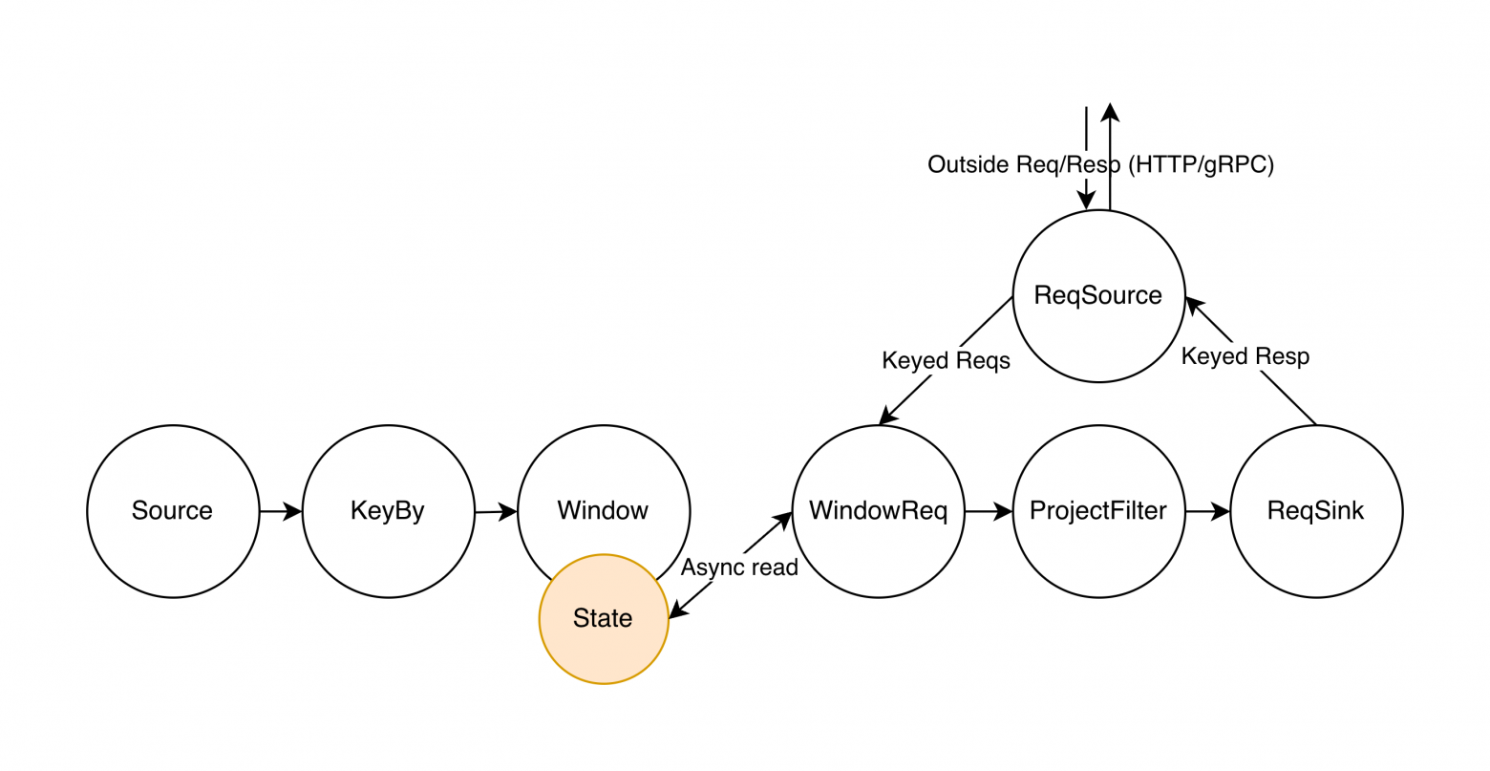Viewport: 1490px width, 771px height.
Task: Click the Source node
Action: coord(173,511)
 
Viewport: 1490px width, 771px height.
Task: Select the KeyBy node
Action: coord(388,511)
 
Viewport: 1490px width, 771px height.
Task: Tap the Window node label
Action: coord(603,511)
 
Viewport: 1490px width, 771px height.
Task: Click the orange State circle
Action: coord(604,619)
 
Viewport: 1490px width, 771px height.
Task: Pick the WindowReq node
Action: coord(878,511)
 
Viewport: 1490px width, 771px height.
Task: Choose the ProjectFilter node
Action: coord(1097,511)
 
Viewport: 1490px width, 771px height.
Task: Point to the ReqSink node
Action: coord(1315,511)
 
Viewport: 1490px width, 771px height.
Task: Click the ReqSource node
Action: coord(1097,295)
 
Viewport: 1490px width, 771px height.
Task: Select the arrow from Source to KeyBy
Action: coord(281,512)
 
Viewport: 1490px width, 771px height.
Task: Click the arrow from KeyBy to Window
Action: coord(496,512)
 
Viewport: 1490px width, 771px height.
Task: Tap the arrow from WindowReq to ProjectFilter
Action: coord(988,512)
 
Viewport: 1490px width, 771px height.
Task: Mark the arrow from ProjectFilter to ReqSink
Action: coord(1207,512)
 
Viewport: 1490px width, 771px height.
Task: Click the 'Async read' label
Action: coord(739,568)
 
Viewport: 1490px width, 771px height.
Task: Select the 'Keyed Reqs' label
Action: coord(946,361)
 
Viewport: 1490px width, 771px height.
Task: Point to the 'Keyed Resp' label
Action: coord(1245,356)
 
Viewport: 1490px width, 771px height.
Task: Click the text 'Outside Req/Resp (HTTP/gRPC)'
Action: coord(1100,164)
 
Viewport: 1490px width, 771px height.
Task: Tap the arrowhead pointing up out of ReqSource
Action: coord(1109,112)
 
